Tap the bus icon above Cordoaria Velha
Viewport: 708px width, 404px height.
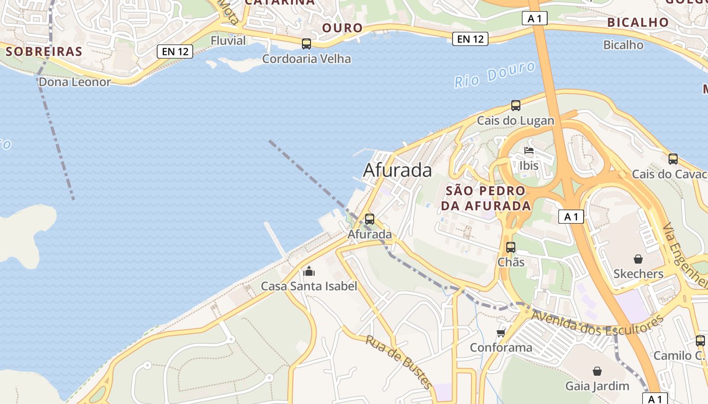[306, 44]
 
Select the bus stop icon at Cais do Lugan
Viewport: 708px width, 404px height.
[515, 106]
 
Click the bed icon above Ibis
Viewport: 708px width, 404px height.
[529, 150]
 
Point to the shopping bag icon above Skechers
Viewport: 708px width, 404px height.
[638, 259]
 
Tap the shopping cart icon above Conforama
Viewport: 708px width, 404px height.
[501, 333]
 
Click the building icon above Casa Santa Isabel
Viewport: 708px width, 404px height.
[308, 272]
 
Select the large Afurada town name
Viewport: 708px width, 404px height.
[397, 170]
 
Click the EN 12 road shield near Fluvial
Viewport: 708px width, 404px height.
[175, 51]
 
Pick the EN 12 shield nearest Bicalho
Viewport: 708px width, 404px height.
[470, 39]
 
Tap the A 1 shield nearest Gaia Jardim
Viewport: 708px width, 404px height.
[655, 398]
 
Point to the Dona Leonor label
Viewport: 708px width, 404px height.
[74, 82]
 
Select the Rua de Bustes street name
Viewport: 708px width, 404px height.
[400, 362]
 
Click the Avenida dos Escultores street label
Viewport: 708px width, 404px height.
[597, 323]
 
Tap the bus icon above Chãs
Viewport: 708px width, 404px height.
[511, 247]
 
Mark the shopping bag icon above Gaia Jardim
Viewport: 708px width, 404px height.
[597, 371]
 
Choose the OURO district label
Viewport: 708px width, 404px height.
[342, 28]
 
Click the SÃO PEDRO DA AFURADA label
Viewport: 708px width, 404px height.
[485, 198]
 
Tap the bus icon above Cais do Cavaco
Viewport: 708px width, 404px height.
[673, 159]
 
